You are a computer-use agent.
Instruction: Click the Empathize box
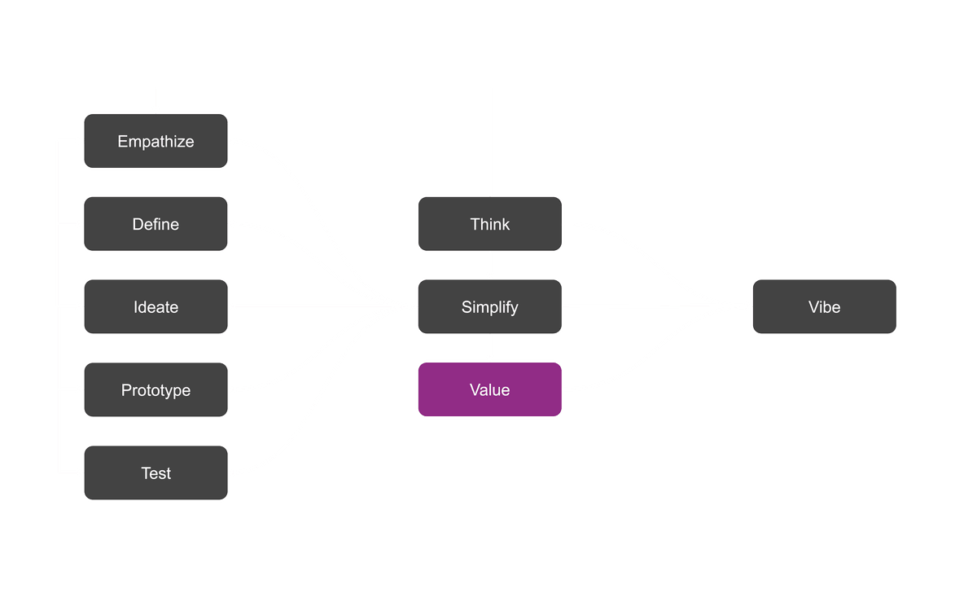[156, 141]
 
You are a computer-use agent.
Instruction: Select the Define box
[156, 224]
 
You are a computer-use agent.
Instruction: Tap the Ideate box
[156, 307]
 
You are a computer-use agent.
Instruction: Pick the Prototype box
[156, 390]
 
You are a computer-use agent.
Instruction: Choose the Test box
[156, 473]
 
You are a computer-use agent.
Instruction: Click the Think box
[489, 224]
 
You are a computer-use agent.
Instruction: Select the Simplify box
[489, 307]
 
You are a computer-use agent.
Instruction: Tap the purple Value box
[489, 390]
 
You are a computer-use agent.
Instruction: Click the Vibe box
[824, 307]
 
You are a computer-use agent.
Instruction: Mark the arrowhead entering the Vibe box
[747, 307]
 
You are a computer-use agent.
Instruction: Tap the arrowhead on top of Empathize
[156, 108]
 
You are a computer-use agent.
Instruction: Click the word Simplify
[489, 307]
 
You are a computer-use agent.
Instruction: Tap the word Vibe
[824, 307]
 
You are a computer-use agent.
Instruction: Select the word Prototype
[156, 390]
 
